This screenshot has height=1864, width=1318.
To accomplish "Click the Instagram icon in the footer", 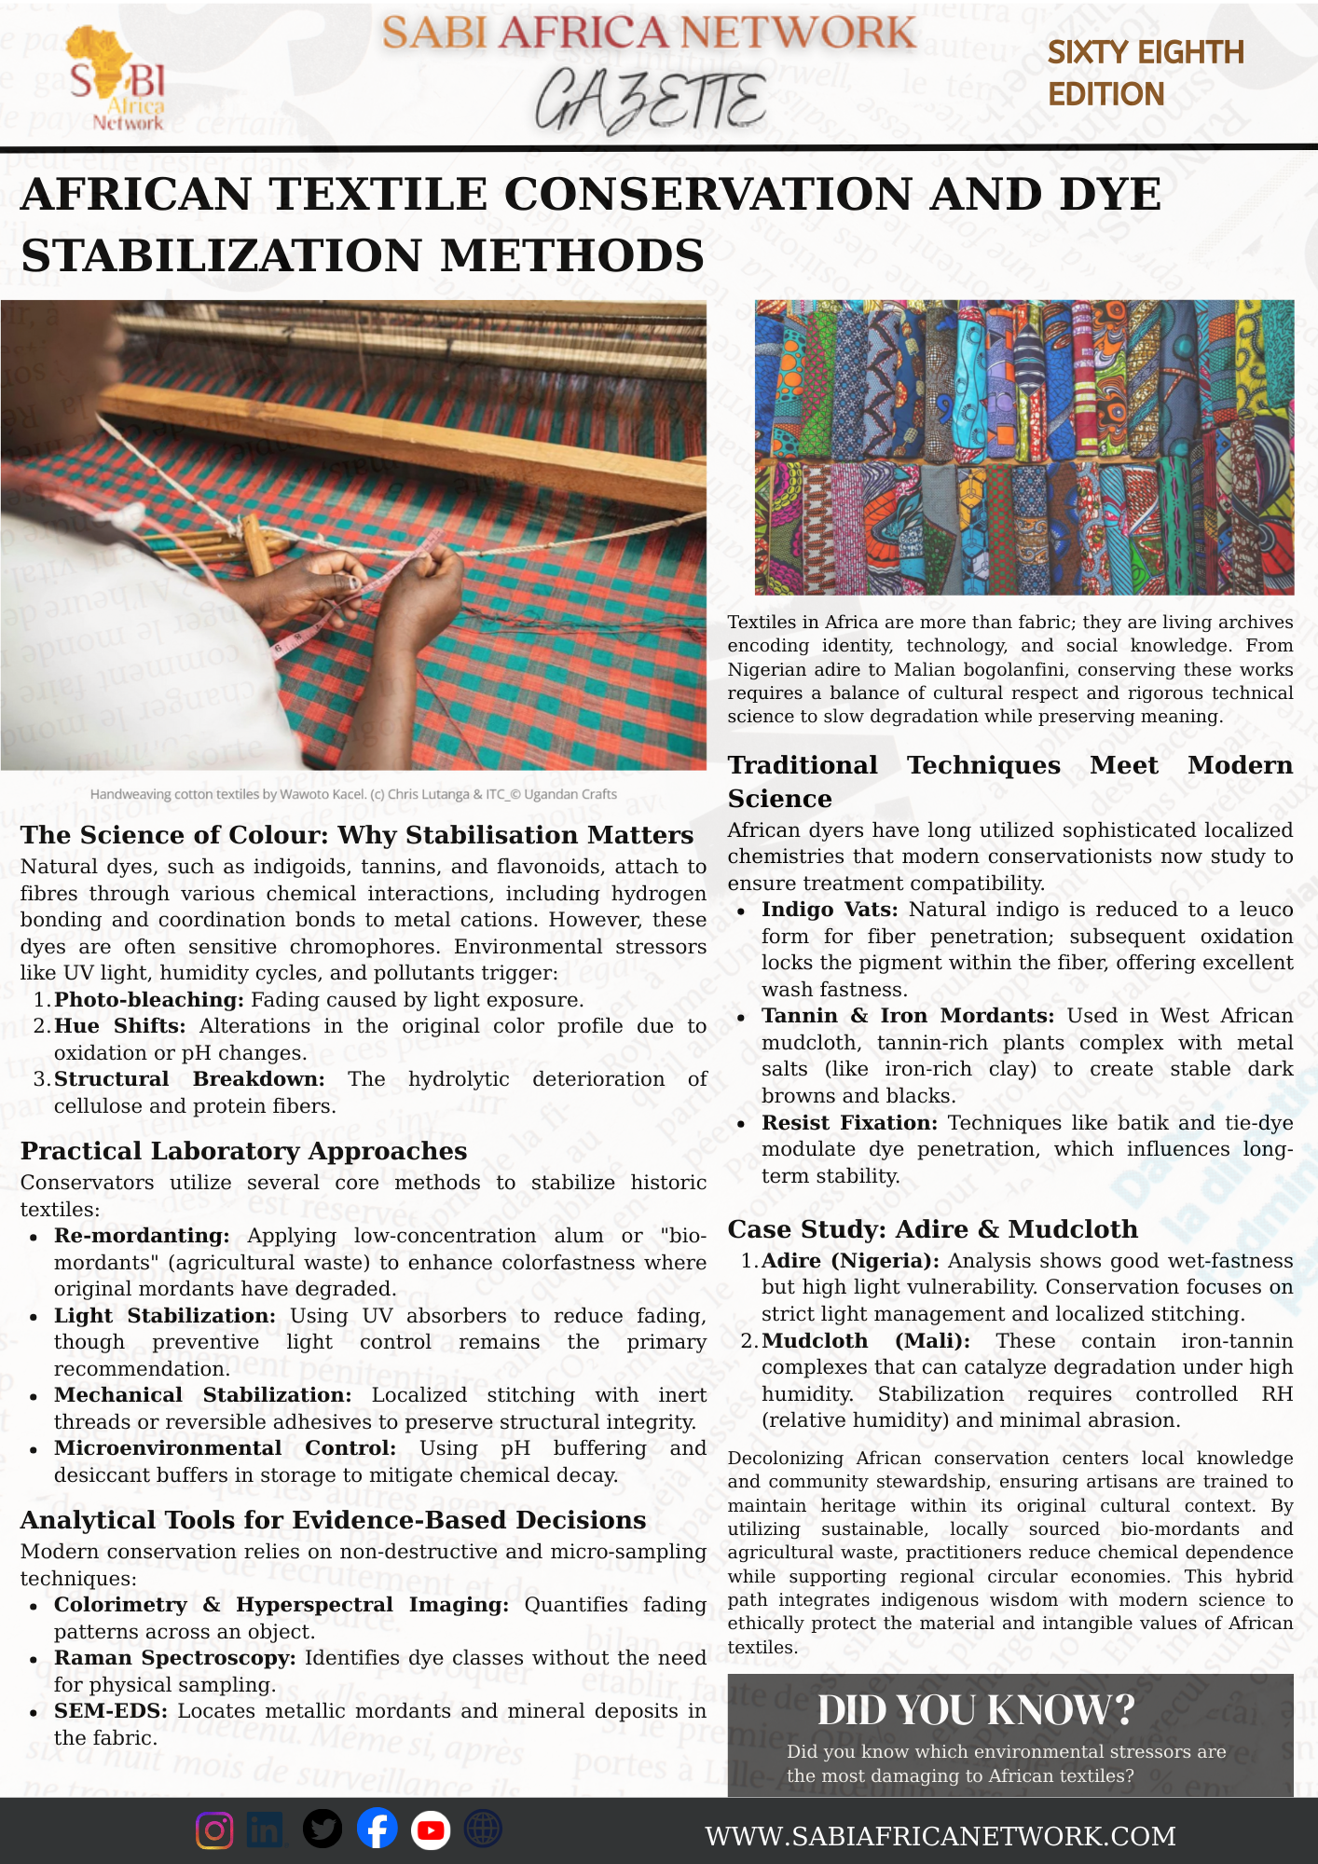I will click(x=214, y=1830).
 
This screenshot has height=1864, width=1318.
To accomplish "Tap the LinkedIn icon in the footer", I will click(x=266, y=1830).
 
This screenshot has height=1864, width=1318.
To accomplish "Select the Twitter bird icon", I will click(x=323, y=1830).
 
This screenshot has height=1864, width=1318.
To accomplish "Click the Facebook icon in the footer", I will click(x=377, y=1830).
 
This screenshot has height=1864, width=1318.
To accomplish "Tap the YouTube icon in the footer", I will click(x=431, y=1830).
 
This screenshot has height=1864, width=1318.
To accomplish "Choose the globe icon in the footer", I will click(x=483, y=1830).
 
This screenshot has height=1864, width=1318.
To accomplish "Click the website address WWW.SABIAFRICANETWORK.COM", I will click(x=940, y=1836).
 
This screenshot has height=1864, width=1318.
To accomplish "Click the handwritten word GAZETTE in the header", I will click(x=651, y=101).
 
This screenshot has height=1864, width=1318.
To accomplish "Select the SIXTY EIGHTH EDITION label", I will click(x=1145, y=73).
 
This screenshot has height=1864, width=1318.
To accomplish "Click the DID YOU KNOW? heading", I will click(x=976, y=1710).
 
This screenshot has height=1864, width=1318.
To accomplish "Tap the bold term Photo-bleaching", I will click(x=149, y=1000).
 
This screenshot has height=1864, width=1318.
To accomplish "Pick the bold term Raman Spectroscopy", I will click(x=174, y=1658).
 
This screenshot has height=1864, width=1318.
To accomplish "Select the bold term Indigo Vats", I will click(x=830, y=910).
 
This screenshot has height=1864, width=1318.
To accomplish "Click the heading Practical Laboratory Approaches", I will click(x=243, y=1151).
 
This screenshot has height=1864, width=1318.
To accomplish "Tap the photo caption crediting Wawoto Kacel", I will click(x=353, y=794).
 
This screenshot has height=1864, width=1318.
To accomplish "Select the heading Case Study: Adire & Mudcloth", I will click(x=932, y=1229).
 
